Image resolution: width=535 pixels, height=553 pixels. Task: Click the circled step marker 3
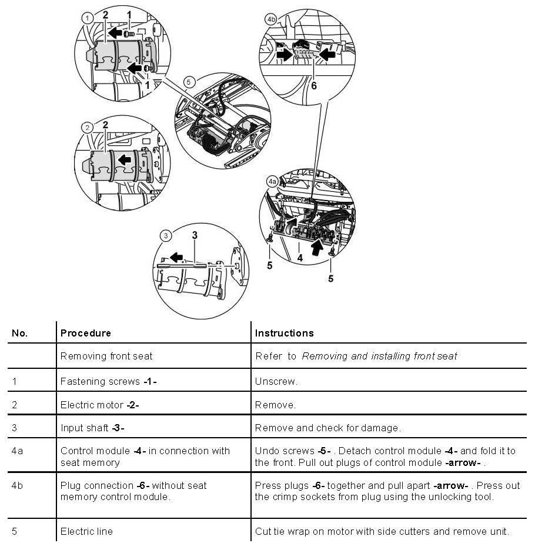pos(167,236)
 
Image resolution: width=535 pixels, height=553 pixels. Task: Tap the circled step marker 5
pos(189,81)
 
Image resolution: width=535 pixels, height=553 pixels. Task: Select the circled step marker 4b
pos(271,19)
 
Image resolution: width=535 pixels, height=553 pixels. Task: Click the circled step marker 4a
pos(272,182)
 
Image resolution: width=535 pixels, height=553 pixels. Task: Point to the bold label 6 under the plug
pos(314,85)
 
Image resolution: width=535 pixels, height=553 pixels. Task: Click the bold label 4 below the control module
pos(300,257)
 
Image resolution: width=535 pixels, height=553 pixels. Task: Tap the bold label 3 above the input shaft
pos(195,235)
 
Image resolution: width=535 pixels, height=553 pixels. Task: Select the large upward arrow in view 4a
pos(317,246)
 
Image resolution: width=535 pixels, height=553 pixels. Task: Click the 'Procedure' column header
pos(85,333)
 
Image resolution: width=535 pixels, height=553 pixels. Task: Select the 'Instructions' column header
pos(284,333)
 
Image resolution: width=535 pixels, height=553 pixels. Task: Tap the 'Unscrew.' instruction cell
pos(276,381)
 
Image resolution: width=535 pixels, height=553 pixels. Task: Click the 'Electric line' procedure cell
pos(86,531)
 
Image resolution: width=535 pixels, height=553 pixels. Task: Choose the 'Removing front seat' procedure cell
pos(106,356)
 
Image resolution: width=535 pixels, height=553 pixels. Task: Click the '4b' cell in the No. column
pos(18,486)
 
